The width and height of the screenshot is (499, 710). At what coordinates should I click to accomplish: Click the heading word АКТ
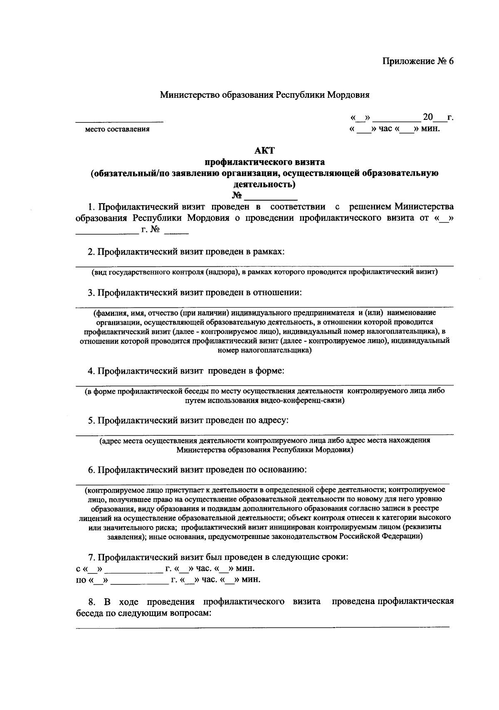click(x=265, y=151)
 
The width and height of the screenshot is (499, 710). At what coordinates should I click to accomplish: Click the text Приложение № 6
click(x=417, y=61)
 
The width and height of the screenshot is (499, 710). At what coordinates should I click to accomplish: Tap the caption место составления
click(x=117, y=129)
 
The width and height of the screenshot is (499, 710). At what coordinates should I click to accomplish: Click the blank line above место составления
click(x=119, y=121)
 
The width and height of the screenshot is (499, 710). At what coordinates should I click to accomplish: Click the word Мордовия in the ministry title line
click(x=348, y=94)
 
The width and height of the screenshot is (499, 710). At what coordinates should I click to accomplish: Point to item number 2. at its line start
click(x=91, y=252)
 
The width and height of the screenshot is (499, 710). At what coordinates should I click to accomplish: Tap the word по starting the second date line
click(x=81, y=580)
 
